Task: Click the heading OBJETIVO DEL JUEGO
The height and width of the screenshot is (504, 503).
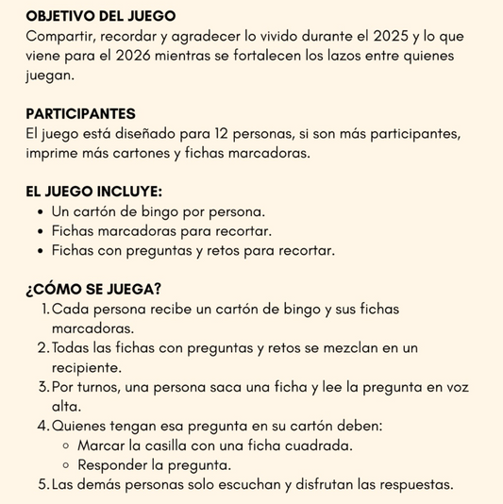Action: pyautogui.click(x=101, y=16)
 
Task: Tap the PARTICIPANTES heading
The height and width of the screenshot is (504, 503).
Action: pyautogui.click(x=81, y=113)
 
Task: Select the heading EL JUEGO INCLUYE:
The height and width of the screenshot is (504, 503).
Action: pyautogui.click(x=94, y=191)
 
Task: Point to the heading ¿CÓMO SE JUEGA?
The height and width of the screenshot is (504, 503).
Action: pyautogui.click(x=92, y=288)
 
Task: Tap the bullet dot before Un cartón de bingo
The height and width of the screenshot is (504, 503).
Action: pyautogui.click(x=40, y=212)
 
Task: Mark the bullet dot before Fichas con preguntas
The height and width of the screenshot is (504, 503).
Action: pyautogui.click(x=40, y=251)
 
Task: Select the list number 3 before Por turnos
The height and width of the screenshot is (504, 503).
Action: pyautogui.click(x=43, y=387)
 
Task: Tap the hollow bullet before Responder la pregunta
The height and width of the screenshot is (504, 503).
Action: pyautogui.click(x=66, y=465)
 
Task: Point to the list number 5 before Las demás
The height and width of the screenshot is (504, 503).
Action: pyautogui.click(x=43, y=485)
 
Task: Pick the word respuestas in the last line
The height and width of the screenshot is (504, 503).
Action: pyautogui.click(x=411, y=485)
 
